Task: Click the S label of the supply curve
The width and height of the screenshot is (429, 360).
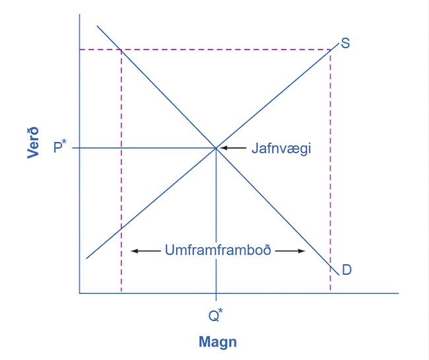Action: click(x=345, y=43)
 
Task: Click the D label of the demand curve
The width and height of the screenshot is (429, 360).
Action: click(x=346, y=270)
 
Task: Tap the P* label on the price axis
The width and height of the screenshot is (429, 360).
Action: click(x=60, y=147)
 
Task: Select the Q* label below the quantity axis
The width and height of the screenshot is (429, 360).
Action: click(x=216, y=315)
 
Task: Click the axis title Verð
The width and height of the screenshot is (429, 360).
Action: click(x=33, y=143)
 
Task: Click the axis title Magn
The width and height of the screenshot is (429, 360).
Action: click(x=218, y=342)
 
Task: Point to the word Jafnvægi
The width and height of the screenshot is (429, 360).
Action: click(x=281, y=149)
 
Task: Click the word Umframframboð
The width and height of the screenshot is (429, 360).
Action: click(x=218, y=250)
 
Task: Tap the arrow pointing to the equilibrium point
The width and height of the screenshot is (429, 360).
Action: click(x=233, y=148)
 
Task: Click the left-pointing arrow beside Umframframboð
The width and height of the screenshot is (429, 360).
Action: click(x=146, y=251)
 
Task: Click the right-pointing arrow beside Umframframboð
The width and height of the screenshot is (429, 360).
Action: click(x=290, y=251)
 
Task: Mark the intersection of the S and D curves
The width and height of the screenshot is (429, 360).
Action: click(x=216, y=148)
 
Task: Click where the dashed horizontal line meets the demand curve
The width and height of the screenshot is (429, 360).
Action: click(x=121, y=50)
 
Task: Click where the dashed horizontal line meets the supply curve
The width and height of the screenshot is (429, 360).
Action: click(x=331, y=50)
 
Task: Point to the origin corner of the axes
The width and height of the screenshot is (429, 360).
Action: click(x=80, y=293)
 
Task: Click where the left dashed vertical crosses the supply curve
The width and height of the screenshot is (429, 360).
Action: click(x=121, y=229)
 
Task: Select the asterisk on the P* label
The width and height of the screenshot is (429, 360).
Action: click(x=64, y=142)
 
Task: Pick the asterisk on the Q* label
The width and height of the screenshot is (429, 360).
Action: click(x=221, y=310)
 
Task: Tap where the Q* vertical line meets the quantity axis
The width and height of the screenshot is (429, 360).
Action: click(x=216, y=293)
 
